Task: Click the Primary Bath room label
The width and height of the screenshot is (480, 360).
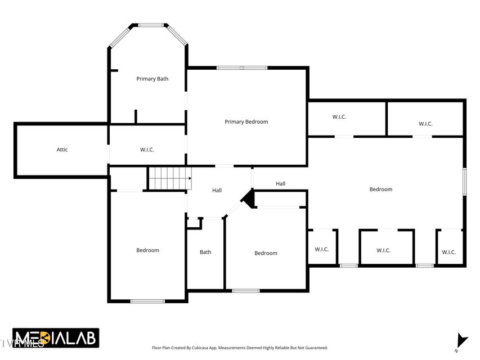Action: (152, 79)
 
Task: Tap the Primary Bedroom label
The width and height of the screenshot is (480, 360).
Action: (246, 122)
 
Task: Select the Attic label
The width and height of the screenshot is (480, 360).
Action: (62, 150)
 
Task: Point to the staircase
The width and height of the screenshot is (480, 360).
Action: (170, 178)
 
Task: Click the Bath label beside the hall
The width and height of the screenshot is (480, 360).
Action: (205, 252)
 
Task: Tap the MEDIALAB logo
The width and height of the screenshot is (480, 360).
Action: (56, 338)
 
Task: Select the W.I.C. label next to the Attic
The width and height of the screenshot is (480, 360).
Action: (147, 150)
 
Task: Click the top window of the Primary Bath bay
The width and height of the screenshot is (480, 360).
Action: (151, 25)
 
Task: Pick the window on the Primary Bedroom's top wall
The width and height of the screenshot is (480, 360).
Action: (242, 67)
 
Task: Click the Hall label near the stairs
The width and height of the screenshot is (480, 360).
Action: (217, 191)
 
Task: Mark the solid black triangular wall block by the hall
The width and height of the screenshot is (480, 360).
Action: (249, 199)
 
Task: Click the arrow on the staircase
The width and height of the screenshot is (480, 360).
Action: (190, 178)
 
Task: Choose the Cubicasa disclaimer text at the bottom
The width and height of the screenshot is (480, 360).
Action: (240, 348)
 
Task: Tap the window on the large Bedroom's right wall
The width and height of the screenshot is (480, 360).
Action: (464, 182)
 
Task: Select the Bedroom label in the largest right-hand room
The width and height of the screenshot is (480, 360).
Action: (380, 189)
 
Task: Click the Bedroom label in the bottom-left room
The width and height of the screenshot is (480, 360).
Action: (147, 250)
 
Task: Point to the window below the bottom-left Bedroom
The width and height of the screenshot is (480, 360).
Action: (147, 301)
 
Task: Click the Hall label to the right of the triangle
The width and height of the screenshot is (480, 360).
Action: (280, 184)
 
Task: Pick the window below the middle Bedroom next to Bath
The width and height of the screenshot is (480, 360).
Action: (246, 290)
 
